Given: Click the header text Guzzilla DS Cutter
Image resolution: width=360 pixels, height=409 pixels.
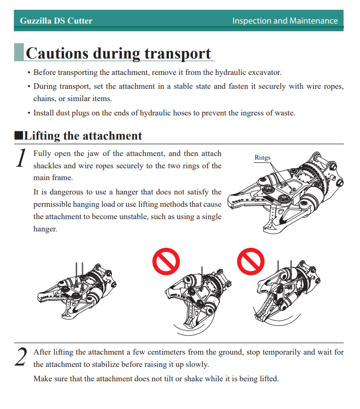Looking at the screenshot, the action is [x=56, y=21].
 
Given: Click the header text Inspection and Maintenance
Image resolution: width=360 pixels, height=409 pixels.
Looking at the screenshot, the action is [x=285, y=21].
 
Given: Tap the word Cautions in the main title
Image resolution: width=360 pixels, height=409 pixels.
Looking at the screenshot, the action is [x=57, y=53].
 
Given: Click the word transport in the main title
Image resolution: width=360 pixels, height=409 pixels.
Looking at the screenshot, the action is [x=178, y=54].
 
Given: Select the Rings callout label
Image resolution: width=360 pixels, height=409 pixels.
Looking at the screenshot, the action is [x=262, y=158].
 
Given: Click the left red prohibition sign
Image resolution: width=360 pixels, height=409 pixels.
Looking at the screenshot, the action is [x=166, y=261].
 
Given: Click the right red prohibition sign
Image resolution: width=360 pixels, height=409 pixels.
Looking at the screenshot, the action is [x=251, y=261].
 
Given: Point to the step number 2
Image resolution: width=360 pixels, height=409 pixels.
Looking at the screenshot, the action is [x=21, y=357].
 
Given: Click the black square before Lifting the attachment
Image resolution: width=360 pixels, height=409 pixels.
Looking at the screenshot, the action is [x=18, y=135].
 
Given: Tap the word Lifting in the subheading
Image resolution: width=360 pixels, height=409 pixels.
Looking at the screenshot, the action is [x=42, y=136].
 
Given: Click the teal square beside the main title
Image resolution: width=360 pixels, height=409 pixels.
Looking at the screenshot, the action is [x=19, y=52].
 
